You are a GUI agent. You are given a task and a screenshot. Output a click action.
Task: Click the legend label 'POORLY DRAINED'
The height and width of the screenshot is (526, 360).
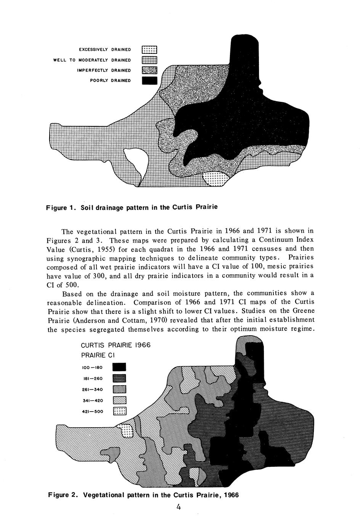point(110,80)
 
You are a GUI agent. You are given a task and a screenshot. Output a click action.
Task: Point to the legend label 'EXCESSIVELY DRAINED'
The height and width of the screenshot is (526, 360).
point(105,50)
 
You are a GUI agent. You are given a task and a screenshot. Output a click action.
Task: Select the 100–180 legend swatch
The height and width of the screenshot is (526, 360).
point(120,367)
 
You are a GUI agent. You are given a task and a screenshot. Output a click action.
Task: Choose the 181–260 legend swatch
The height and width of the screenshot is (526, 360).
point(120,378)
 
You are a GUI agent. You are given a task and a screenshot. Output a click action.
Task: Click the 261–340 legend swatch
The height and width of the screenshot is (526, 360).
point(120,389)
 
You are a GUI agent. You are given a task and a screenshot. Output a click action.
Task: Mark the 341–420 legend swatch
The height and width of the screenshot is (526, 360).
point(120,400)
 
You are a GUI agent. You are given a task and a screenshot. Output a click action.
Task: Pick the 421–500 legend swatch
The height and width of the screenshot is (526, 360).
point(120,411)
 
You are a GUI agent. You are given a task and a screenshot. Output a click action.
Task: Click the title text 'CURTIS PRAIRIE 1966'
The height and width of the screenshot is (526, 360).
point(116,345)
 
